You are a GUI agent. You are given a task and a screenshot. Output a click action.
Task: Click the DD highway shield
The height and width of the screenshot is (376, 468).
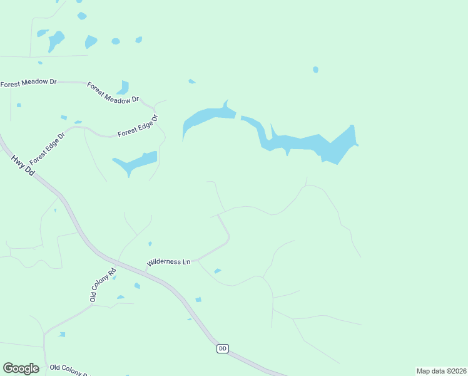click(223, 348)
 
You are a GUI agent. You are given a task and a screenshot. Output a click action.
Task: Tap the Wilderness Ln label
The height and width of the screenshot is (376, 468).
click(168, 261)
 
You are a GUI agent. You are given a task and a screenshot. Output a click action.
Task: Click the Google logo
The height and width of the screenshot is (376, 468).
click(21, 368)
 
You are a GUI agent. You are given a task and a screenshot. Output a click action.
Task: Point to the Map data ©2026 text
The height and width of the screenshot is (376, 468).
click(441, 371)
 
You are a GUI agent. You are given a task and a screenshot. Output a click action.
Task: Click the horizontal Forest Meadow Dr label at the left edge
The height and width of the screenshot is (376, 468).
click(28, 83)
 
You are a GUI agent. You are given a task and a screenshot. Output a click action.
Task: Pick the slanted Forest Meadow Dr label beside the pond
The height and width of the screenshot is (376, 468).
click(113, 93)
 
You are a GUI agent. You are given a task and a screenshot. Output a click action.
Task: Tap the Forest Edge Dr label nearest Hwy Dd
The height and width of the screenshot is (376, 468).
click(47, 148)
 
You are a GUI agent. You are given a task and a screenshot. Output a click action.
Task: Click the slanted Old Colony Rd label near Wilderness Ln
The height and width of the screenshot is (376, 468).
click(103, 285)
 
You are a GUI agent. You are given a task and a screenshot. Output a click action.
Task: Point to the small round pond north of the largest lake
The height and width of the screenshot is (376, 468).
click(315, 70)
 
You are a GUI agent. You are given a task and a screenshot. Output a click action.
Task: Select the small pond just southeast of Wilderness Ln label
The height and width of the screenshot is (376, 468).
click(217, 271)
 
